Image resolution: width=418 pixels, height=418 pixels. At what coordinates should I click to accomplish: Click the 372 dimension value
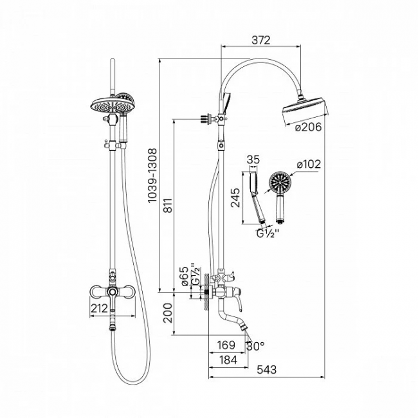(x=261, y=40)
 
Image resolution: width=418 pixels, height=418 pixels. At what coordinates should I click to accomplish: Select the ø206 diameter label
(x=309, y=127)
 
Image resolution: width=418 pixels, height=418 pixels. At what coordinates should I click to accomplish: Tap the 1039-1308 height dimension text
(x=152, y=176)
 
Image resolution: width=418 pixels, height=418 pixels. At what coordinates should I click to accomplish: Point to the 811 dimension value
(x=168, y=205)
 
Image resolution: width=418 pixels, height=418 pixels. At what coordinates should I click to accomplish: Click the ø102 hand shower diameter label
(x=309, y=164)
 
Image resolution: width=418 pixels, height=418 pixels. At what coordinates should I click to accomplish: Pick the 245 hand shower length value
(x=235, y=197)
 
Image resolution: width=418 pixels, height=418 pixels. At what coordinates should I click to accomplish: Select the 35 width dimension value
(x=253, y=159)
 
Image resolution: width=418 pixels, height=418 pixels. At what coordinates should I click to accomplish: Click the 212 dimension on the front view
(x=100, y=309)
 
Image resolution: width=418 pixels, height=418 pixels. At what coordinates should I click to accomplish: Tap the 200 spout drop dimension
(x=168, y=313)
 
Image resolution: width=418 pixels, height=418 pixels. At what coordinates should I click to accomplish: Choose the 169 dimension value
(x=226, y=345)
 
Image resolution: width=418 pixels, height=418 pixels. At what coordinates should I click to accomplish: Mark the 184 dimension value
(x=228, y=360)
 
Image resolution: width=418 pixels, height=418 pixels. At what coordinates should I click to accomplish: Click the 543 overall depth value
(x=267, y=370)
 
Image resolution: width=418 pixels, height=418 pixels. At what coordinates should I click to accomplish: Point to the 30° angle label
(x=255, y=346)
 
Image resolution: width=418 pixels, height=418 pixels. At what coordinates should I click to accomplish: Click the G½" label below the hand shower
(x=268, y=234)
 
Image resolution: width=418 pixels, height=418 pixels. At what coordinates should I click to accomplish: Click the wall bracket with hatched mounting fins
(x=206, y=118)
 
